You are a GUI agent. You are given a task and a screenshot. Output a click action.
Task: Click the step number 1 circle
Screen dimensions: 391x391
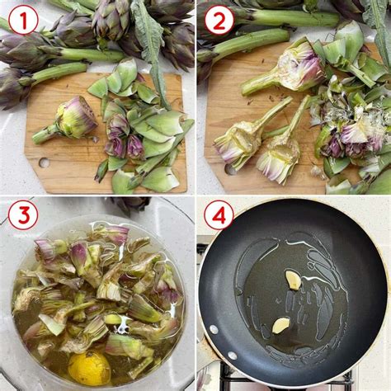(23, 19)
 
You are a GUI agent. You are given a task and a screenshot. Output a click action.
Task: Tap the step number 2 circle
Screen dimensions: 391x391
(219, 19)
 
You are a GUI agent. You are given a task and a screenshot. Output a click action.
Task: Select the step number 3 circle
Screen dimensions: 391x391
(23, 215)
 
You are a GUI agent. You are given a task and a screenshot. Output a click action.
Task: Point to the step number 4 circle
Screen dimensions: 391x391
(219, 215)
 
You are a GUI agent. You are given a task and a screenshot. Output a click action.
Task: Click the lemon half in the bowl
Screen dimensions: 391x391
(88, 368)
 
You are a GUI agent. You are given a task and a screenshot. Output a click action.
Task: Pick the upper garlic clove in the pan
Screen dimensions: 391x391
(293, 280)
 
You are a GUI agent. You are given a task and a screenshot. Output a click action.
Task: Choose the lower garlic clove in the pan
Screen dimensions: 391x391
(281, 325)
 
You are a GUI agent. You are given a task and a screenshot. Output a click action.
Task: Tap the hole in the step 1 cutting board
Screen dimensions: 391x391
(42, 163)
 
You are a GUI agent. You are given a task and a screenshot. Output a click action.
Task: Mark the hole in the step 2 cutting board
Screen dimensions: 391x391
(230, 168)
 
